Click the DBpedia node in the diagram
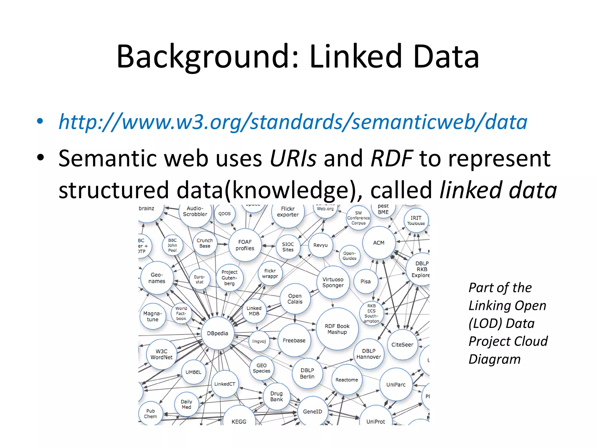(x=217, y=333)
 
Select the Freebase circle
(x=294, y=340)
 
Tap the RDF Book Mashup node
(x=337, y=329)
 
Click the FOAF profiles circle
(x=245, y=245)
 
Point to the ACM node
(x=379, y=243)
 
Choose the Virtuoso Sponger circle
(x=333, y=282)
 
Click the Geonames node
(x=157, y=278)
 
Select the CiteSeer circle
(x=402, y=345)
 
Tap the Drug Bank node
(x=276, y=396)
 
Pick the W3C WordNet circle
(x=161, y=354)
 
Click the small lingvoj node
(x=259, y=341)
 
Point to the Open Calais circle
(x=295, y=299)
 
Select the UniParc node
(x=396, y=384)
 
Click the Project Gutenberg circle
(x=229, y=278)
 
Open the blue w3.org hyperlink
(x=293, y=122)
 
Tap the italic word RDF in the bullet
(x=392, y=158)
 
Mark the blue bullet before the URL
(x=40, y=121)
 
